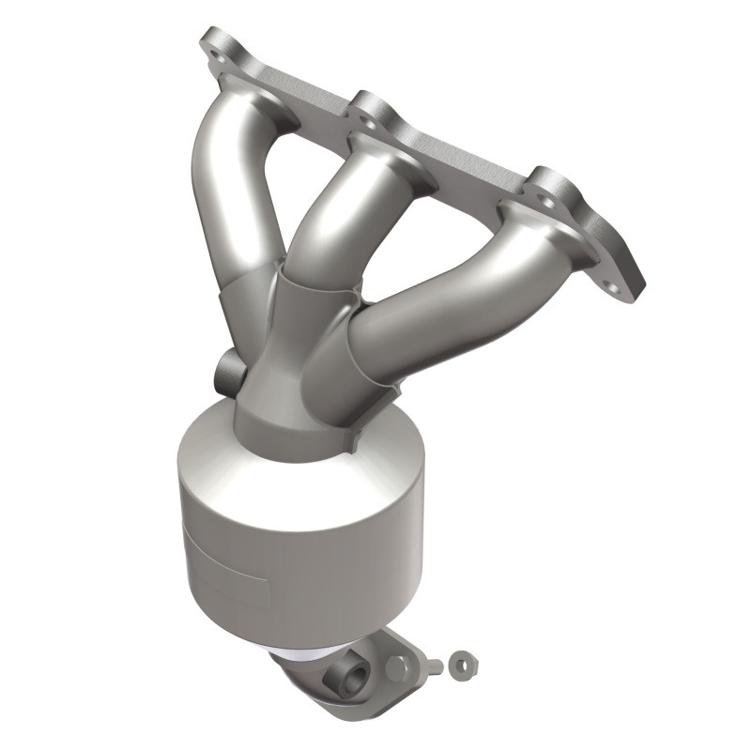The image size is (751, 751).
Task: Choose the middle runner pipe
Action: tap(329, 207)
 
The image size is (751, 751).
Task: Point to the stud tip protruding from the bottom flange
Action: tap(434, 667)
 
